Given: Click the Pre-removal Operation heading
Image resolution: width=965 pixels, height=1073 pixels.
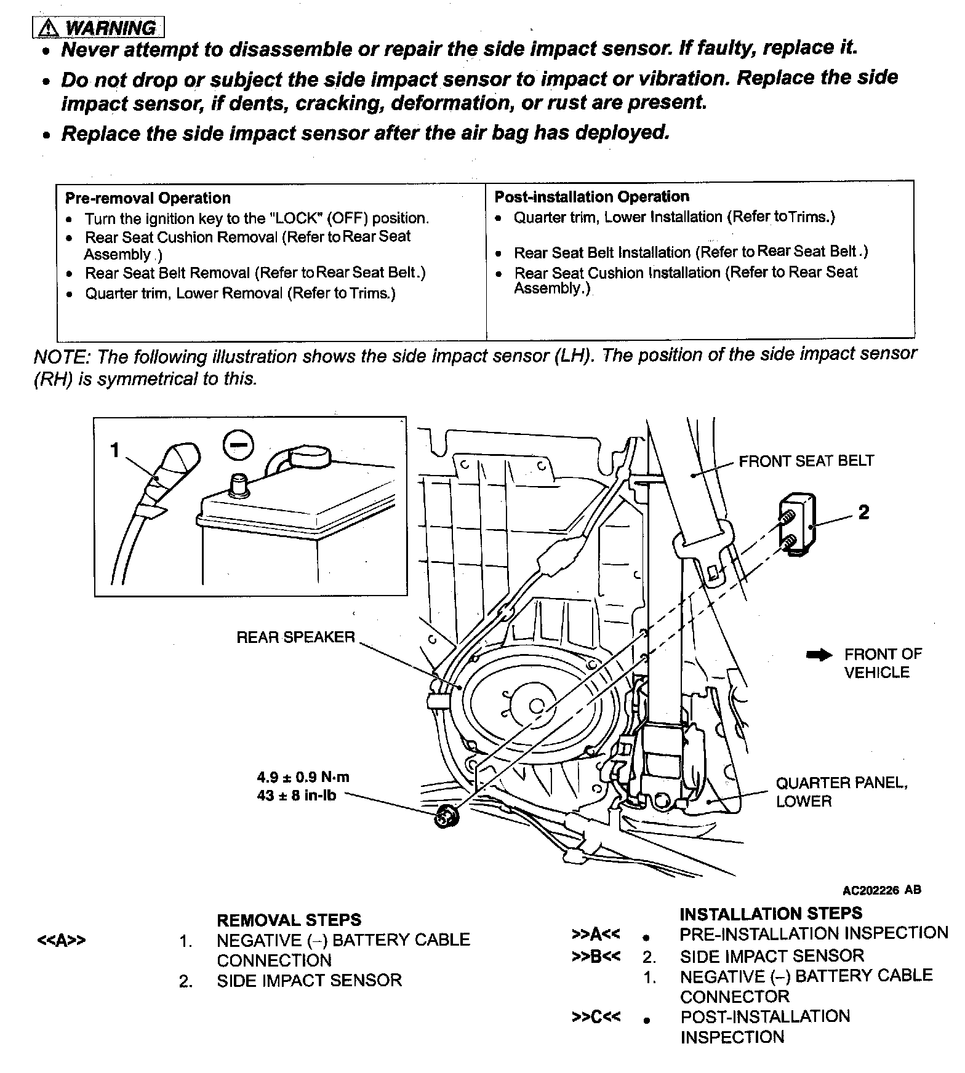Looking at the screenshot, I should [x=148, y=198].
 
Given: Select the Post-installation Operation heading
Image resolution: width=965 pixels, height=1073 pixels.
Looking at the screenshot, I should [x=591, y=197].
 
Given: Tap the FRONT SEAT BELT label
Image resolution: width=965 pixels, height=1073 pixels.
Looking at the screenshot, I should [x=806, y=461].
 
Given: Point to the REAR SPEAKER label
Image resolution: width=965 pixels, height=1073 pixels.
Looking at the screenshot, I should [x=295, y=637].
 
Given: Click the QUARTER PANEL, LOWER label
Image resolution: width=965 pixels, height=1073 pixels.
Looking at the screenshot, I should [x=841, y=792].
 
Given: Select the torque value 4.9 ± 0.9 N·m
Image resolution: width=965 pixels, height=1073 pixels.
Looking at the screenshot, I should [x=303, y=777].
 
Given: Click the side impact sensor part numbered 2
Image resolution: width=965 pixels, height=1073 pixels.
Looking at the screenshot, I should [x=799, y=525].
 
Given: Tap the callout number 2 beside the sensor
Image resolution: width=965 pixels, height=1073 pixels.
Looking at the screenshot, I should [x=864, y=513].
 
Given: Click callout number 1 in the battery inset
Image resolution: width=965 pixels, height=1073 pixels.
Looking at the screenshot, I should [x=114, y=451].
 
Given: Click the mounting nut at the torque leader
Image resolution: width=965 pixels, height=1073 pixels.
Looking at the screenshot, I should [x=444, y=817].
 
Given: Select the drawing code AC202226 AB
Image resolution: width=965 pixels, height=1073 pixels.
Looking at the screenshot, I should [x=881, y=890].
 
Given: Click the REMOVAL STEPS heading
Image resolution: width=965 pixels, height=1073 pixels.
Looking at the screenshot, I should [x=288, y=920].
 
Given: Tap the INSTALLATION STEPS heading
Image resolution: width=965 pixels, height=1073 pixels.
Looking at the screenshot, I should [x=771, y=913].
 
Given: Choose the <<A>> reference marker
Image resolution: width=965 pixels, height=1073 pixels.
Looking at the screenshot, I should [x=61, y=941].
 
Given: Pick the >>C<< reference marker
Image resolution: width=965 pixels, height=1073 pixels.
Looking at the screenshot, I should [x=596, y=1016].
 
